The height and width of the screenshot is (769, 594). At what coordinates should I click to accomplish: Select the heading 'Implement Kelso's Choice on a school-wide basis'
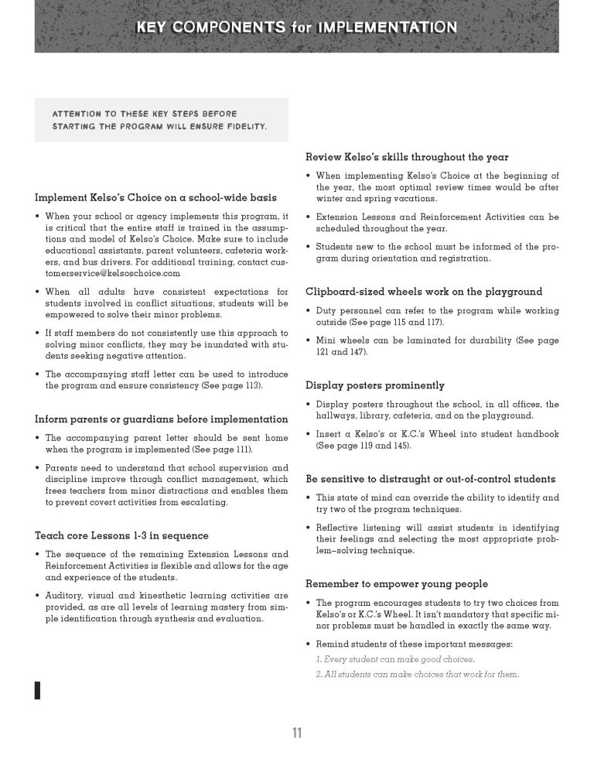155,197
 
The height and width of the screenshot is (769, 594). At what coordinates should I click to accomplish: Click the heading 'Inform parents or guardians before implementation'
152,419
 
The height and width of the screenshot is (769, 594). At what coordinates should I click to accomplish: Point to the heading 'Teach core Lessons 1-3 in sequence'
121,535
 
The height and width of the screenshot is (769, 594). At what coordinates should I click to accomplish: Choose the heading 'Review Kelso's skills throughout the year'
407,157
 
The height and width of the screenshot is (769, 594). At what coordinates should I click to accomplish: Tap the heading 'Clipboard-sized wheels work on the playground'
424,292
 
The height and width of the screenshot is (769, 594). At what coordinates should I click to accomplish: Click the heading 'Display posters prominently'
374,385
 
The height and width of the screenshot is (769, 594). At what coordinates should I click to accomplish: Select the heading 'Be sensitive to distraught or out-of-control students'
430,479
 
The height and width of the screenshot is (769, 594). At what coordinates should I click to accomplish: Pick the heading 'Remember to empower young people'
397,583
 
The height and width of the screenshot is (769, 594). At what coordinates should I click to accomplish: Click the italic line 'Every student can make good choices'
395,660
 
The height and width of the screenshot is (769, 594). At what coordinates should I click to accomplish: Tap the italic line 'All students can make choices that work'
417,675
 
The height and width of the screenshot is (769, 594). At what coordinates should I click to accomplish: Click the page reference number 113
250,385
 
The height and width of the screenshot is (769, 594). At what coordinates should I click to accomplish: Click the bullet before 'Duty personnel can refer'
309,310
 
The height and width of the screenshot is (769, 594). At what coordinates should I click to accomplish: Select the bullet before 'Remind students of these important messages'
309,644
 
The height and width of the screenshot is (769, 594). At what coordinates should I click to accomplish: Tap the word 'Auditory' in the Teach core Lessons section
63,596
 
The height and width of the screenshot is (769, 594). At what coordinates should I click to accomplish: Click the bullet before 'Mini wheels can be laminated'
309,340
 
